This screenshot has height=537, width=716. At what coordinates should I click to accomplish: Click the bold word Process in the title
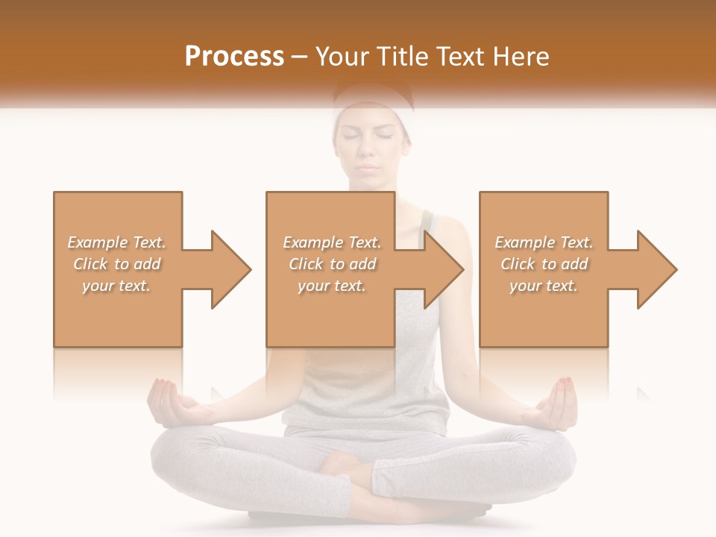coord(234,57)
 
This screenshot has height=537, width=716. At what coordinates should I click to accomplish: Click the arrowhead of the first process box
coord(228,269)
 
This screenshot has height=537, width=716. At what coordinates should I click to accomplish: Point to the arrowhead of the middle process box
coord(441,269)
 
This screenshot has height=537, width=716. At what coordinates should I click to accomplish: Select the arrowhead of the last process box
coord(654,269)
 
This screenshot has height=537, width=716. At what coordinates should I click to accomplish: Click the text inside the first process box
coord(117,264)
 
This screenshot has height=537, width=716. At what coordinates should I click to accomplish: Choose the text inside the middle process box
coord(332,264)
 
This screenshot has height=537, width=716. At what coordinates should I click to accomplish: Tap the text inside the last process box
coord(544,264)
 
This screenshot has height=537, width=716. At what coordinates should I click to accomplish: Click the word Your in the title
coord(340,57)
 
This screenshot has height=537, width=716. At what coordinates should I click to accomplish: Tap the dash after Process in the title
coord(300,57)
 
